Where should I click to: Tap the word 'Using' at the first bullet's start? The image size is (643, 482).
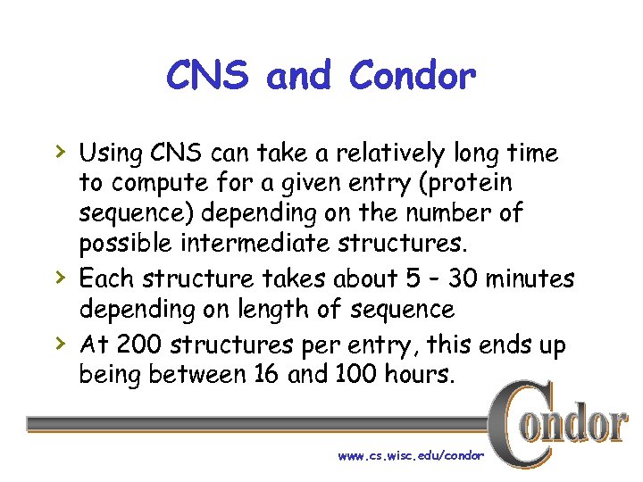point(111,154)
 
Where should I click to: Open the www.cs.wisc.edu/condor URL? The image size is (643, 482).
point(411,456)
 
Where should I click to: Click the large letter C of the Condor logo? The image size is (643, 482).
point(515,423)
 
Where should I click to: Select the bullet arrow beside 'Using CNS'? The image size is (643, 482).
point(58,152)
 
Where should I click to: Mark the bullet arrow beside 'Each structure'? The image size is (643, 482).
point(58,277)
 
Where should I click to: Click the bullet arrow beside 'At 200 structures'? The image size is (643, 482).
point(58,342)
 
